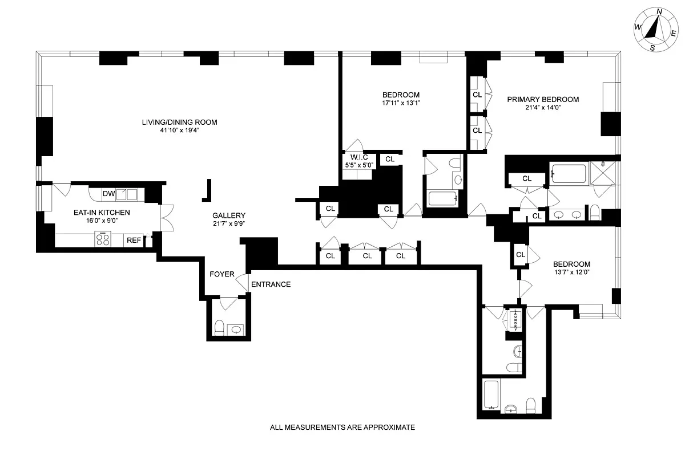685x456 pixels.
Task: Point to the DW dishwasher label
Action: (109, 194)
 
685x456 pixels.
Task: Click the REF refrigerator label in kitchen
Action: (134, 241)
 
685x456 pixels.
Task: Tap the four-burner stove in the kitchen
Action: (103, 239)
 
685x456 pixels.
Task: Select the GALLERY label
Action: (229, 215)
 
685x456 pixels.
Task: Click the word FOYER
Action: (222, 274)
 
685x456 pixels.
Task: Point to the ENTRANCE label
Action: (271, 284)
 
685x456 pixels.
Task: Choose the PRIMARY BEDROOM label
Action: (543, 99)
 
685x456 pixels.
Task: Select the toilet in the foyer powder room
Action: (219, 327)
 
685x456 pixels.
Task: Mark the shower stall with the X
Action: (603, 173)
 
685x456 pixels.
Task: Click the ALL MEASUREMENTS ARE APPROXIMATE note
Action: (342, 427)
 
